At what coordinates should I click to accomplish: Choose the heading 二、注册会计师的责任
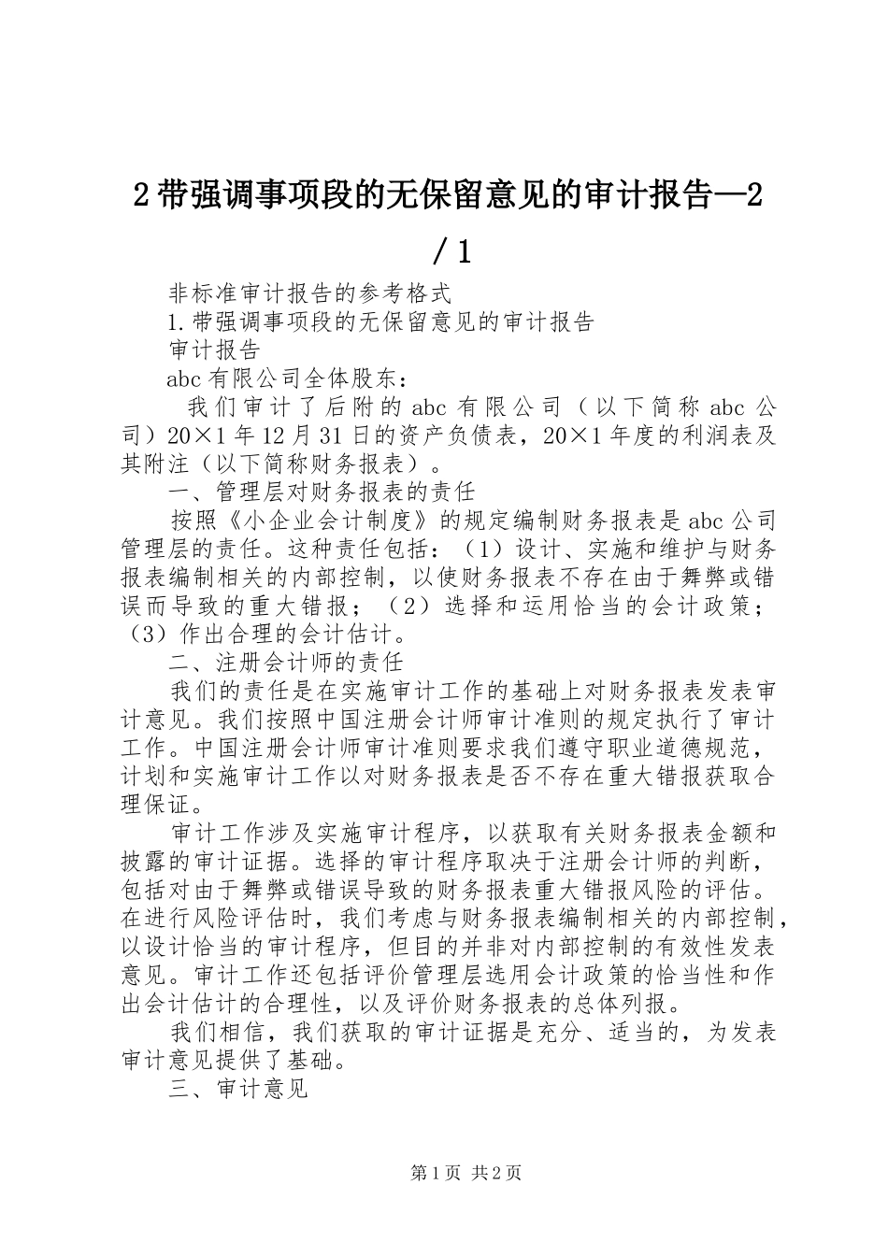[x=286, y=663]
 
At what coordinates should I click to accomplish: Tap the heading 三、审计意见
[x=239, y=1090]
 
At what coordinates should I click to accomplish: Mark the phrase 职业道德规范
[x=688, y=749]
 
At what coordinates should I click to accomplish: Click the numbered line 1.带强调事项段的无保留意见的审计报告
[x=380, y=321]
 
